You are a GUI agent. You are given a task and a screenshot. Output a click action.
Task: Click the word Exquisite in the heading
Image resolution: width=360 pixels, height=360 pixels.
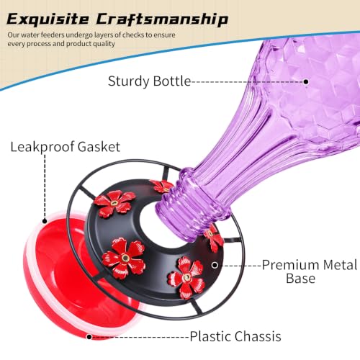click(48, 19)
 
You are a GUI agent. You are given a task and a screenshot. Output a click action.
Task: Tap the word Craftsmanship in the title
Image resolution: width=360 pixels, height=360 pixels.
click(162, 19)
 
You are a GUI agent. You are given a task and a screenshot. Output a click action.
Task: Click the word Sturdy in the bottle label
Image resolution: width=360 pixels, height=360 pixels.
click(129, 81)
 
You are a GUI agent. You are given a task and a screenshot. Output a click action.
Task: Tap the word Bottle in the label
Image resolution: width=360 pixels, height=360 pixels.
click(172, 81)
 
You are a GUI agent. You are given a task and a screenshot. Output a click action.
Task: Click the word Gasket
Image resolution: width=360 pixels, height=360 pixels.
click(99, 147)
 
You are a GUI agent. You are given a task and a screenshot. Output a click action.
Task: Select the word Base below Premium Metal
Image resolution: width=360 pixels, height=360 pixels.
click(300, 279)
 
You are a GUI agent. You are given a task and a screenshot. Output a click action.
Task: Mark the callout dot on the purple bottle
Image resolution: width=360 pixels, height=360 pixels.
click(306, 82)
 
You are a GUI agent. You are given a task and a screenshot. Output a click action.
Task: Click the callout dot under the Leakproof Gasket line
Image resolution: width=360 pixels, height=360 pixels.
click(45, 221)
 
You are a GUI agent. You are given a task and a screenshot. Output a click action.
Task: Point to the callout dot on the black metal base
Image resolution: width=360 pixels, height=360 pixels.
click(215, 265)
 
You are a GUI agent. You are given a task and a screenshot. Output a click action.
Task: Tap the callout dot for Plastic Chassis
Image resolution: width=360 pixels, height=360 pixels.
click(89, 337)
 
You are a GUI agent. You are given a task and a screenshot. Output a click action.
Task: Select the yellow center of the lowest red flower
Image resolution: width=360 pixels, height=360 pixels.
click(186, 278)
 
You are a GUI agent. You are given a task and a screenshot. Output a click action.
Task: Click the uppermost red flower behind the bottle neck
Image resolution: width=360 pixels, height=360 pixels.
click(162, 186)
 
